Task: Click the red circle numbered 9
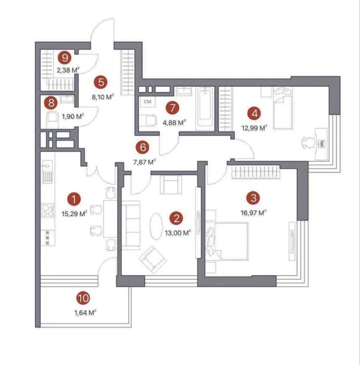point(65,58)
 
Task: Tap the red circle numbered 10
point(83,298)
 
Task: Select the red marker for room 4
point(254,114)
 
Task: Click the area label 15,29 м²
point(75,213)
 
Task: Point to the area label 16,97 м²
point(254,213)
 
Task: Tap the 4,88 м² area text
point(174,123)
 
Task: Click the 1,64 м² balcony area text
point(85,313)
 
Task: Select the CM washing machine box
point(147,102)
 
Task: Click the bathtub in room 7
point(205,108)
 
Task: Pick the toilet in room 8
point(52,119)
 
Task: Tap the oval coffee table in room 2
point(156,226)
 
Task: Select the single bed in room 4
point(282,108)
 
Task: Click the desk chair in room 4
point(308,142)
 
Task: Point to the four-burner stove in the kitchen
point(48,211)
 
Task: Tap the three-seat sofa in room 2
point(130,225)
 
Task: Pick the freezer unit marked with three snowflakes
point(48,238)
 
